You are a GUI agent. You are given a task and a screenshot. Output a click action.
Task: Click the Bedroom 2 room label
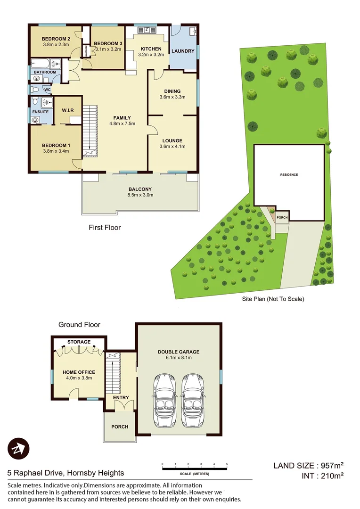56,39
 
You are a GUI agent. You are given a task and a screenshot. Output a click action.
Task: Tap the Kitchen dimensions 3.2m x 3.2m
150,55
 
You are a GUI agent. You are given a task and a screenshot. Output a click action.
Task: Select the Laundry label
182,51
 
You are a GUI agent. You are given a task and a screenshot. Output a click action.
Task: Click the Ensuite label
40,112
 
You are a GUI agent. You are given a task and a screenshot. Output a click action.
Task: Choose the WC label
47,89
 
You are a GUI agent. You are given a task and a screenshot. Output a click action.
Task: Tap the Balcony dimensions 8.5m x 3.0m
140,195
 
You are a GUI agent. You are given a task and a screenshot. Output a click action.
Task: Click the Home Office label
79,372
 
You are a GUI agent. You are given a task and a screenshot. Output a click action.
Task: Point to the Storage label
79,342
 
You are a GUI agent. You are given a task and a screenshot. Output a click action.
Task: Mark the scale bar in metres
194,468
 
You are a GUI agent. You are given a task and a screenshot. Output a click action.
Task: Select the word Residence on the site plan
289,175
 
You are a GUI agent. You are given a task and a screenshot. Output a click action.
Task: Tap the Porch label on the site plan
282,218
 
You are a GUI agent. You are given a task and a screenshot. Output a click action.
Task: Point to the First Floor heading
105,228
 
